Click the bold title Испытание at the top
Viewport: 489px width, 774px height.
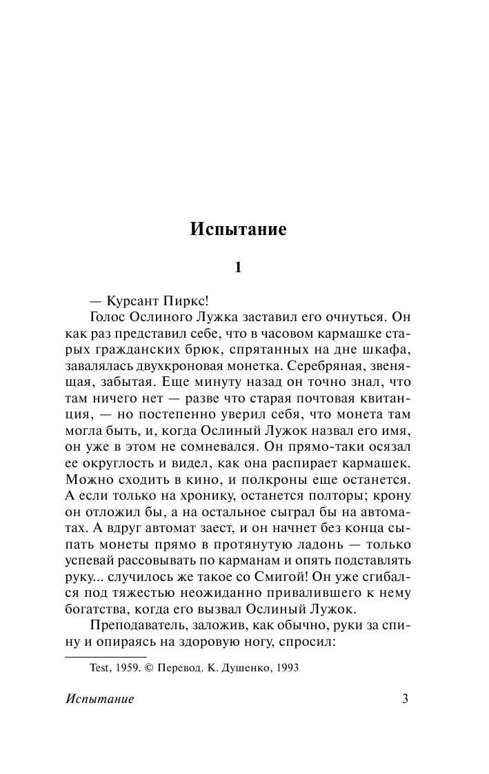click(238, 230)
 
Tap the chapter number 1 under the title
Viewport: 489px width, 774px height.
click(238, 268)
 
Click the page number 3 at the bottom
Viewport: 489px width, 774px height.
click(406, 699)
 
